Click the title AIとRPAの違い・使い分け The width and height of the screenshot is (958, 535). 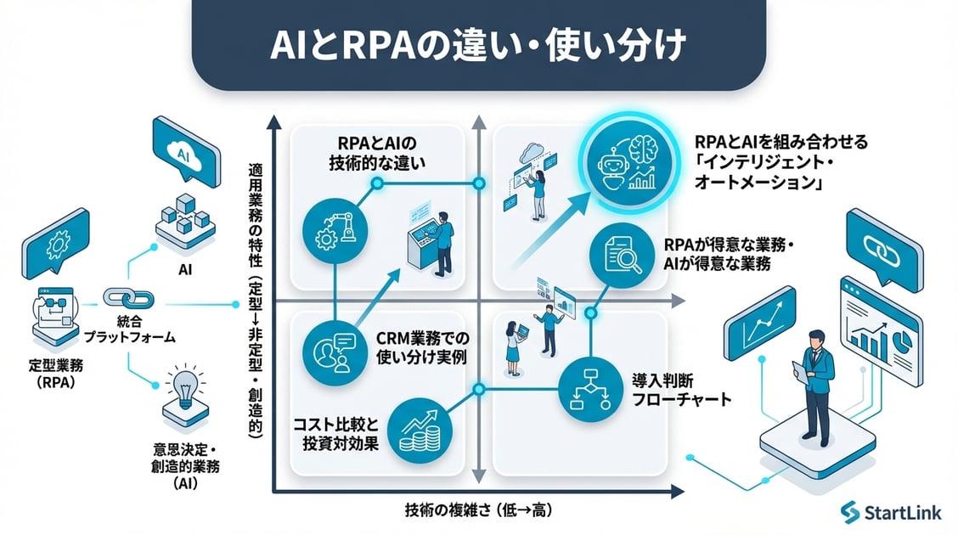pyautogui.click(x=479, y=44)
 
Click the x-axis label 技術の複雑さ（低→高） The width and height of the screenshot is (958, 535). pyautogui.click(x=481, y=510)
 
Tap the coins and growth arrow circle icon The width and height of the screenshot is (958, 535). pyautogui.click(x=421, y=428)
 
